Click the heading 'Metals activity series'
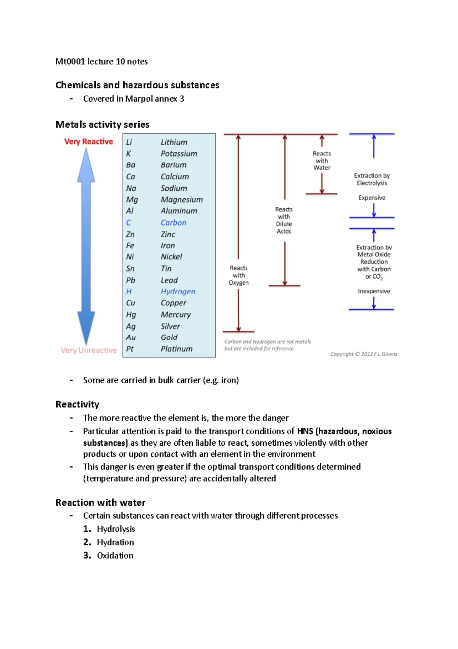pyautogui.click(x=102, y=125)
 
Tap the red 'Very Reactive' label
pyautogui.click(x=89, y=141)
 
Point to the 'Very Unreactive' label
pyautogui.click(x=89, y=350)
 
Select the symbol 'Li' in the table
pyautogui.click(x=129, y=142)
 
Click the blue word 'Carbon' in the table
pyautogui.click(x=173, y=222)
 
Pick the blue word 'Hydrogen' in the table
pyautogui.click(x=178, y=291)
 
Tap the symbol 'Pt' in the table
pyautogui.click(x=130, y=349)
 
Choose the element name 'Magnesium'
pyautogui.click(x=182, y=200)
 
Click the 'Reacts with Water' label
pyautogui.click(x=322, y=161)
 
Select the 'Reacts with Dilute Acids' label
pyautogui.click(x=284, y=220)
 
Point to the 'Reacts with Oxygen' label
pyautogui.click(x=239, y=275)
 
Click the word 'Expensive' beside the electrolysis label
pyautogui.click(x=371, y=198)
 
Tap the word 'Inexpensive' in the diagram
pyautogui.click(x=374, y=291)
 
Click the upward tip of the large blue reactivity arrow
pyautogui.click(x=86, y=150)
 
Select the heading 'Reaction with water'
pyautogui.click(x=100, y=503)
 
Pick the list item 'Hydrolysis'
pyautogui.click(x=116, y=529)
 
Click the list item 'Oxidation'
pyautogui.click(x=115, y=556)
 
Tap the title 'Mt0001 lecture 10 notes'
pyautogui.click(x=102, y=62)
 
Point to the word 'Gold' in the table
pyautogui.click(x=169, y=337)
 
